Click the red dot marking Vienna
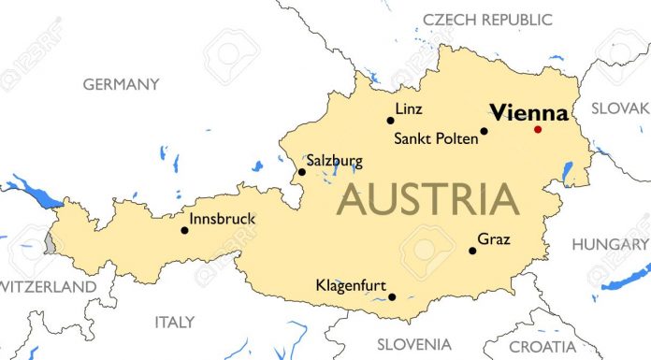(x=537, y=129)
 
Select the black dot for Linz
(x=390, y=120)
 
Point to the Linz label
(x=409, y=109)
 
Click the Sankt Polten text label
(x=435, y=138)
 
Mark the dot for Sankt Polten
(x=484, y=131)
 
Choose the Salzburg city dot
(x=301, y=171)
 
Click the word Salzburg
(x=335, y=161)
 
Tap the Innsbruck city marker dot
(x=184, y=230)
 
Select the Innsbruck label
(x=222, y=219)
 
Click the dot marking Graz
(x=472, y=250)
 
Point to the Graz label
(x=494, y=239)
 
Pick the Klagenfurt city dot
(x=392, y=297)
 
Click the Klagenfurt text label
(x=351, y=284)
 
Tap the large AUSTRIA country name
(x=427, y=199)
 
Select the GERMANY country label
(x=121, y=84)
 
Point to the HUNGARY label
(x=609, y=244)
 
